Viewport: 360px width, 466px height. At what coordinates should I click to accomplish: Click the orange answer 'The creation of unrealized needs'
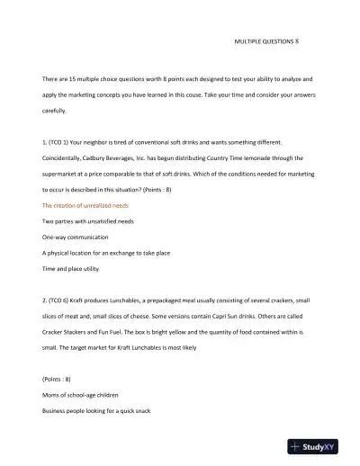pos(85,205)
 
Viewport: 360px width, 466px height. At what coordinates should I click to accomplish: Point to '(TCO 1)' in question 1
pos(62,142)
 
